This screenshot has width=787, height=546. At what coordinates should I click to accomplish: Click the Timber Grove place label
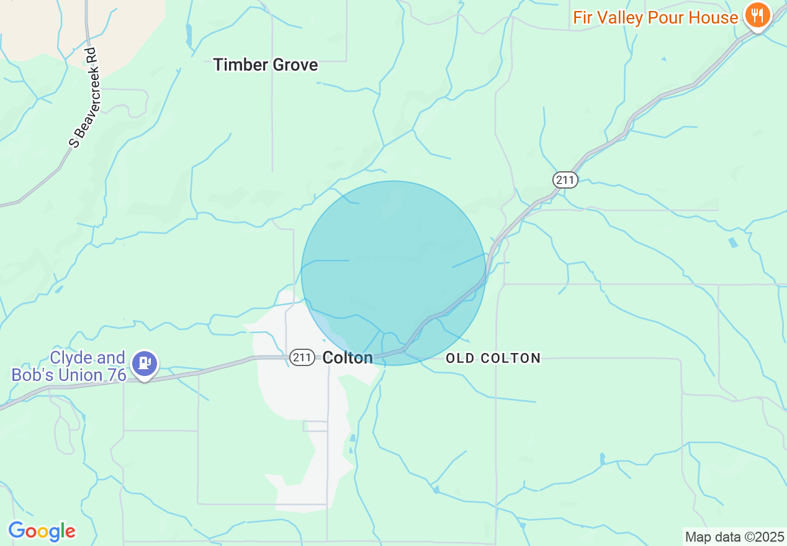click(x=265, y=65)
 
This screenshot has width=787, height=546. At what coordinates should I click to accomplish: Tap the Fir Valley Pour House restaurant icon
click(x=757, y=16)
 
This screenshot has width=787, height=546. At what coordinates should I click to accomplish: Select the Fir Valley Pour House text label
click(x=655, y=17)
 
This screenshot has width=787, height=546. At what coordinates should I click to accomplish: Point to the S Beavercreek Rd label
click(x=84, y=98)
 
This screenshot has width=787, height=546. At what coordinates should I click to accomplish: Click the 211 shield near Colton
click(x=302, y=357)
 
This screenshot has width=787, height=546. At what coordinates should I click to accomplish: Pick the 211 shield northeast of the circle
click(x=565, y=180)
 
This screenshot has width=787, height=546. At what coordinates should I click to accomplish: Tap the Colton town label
click(x=348, y=357)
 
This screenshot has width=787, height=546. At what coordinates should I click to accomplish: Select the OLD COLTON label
click(x=493, y=358)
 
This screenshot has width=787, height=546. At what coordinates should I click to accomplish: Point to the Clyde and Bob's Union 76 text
click(x=69, y=367)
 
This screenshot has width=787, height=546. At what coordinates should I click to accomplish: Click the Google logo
click(x=42, y=531)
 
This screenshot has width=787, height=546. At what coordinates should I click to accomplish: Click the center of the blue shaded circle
click(x=393, y=273)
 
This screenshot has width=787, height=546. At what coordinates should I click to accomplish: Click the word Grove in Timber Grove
click(x=295, y=65)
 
